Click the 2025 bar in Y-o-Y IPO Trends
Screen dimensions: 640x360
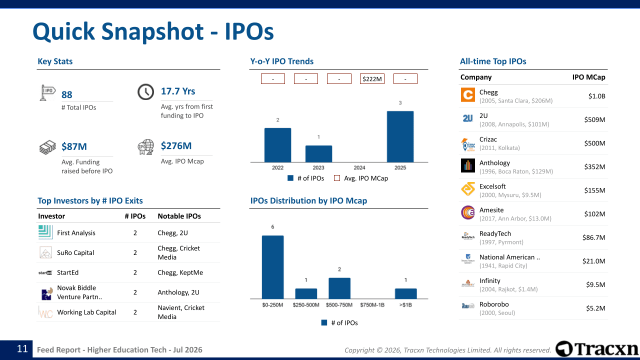click(x=400, y=136)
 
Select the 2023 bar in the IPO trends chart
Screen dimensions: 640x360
click(x=318, y=153)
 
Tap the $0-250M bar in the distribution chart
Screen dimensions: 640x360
click(x=272, y=267)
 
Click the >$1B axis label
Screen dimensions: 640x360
click(x=405, y=305)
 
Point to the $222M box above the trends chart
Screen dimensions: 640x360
click(x=372, y=79)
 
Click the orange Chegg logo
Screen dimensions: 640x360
click(x=467, y=95)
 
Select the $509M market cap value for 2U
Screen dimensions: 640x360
click(x=594, y=119)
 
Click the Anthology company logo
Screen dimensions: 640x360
click(x=467, y=165)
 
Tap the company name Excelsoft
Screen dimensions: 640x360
click(x=492, y=186)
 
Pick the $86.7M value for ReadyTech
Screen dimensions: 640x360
click(x=593, y=237)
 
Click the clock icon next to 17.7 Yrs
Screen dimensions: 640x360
click(x=145, y=92)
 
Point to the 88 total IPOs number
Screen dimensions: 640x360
click(x=67, y=94)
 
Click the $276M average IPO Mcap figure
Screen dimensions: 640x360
click(x=176, y=145)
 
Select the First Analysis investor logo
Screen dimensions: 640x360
click(x=45, y=232)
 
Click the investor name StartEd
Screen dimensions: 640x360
click(x=67, y=272)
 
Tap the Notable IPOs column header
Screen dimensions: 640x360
click(x=179, y=216)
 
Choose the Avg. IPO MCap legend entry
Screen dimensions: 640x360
click(x=361, y=178)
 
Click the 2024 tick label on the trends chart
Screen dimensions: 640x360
click(x=359, y=167)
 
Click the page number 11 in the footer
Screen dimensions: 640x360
click(x=22, y=349)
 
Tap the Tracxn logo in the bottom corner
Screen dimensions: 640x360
click(x=596, y=349)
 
